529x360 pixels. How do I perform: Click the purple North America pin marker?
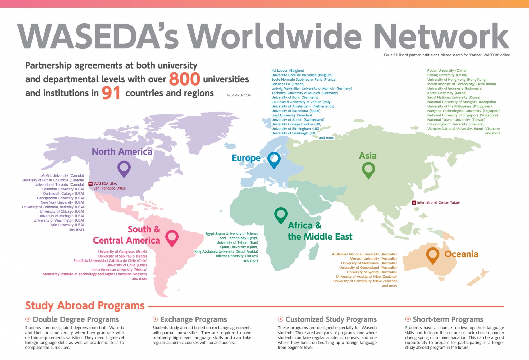124,168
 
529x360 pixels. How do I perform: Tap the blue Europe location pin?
274,159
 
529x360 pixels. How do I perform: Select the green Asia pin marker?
368,169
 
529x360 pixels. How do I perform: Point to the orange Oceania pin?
432,255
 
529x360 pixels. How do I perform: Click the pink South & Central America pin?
172,237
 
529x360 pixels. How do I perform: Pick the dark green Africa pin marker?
281,215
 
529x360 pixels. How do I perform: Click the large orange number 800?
184,79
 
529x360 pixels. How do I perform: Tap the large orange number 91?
111,93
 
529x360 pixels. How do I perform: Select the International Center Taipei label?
438,202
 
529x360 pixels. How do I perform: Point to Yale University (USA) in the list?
67,225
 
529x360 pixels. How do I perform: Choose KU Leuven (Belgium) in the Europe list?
288,71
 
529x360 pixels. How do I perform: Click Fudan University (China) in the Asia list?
447,71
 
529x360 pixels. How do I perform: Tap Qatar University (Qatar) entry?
239,247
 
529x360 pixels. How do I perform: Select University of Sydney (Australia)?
372,272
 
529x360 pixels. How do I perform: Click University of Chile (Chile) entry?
126,265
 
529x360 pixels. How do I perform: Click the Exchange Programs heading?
193,319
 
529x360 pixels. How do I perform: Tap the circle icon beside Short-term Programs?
408,319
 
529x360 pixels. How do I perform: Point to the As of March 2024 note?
239,95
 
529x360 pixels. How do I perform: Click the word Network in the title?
441,36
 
